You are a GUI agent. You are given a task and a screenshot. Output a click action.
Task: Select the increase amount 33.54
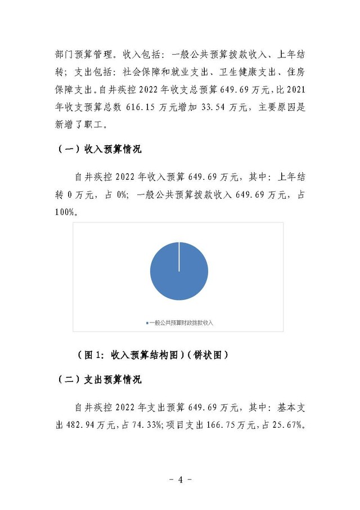[x=200, y=108]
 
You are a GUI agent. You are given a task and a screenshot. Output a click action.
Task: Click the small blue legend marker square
[x=147, y=323]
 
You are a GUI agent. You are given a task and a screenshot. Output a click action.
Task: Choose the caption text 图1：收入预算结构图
[x=132, y=355]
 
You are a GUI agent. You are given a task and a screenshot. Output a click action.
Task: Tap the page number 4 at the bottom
[x=181, y=480]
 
